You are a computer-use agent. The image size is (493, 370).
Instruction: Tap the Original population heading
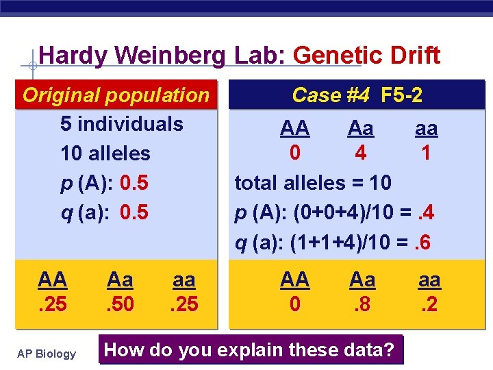tap(116, 95)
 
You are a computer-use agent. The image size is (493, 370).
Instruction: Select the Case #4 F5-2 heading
tap(357, 95)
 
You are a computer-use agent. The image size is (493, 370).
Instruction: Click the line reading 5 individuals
tap(122, 124)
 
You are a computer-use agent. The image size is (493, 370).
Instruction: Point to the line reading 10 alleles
tap(105, 153)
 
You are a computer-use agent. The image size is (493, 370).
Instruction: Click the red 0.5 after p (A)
tap(134, 183)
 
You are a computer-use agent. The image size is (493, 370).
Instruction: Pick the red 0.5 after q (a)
tap(134, 212)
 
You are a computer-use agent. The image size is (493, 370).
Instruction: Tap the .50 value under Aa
tap(120, 302)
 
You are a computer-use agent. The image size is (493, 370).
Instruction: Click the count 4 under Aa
tap(360, 153)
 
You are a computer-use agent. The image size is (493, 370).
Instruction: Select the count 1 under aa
tap(426, 153)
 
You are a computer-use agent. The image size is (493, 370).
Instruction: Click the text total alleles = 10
tap(313, 183)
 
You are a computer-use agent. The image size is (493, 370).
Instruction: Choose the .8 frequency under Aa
tap(362, 302)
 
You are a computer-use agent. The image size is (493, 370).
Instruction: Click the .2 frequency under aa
tap(429, 302)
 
